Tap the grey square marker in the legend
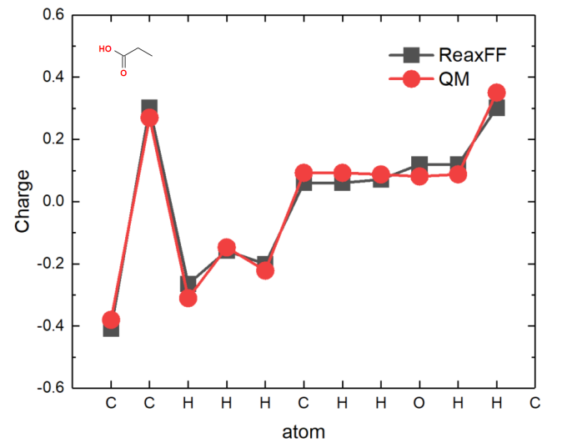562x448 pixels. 409,56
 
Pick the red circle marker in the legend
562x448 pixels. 409,80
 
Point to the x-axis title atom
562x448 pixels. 304,433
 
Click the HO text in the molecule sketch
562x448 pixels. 104,49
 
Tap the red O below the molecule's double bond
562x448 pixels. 123,73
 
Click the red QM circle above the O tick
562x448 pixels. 419,177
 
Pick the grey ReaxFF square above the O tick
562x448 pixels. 419,164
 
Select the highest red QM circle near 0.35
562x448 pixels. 497,93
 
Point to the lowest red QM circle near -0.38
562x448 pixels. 111,320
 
